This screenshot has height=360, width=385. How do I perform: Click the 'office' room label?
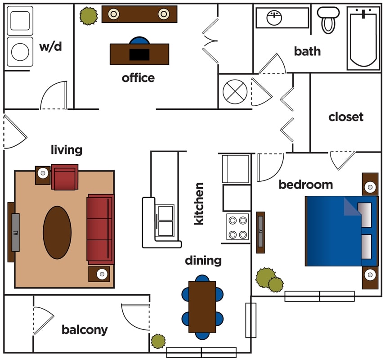[x=138, y=78]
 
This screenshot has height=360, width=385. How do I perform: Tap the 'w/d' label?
[x=50, y=46]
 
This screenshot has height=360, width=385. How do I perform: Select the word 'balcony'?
[x=85, y=330]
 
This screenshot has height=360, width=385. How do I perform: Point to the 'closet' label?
[x=346, y=117]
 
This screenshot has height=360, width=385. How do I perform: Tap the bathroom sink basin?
[x=274, y=18]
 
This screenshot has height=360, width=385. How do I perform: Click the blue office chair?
[x=139, y=41]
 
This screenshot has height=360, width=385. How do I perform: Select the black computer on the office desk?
[x=139, y=54]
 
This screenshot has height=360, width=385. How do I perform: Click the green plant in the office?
[x=88, y=16]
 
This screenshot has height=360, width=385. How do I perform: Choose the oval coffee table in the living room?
[x=57, y=232]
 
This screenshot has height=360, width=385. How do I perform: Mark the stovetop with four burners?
[x=237, y=227]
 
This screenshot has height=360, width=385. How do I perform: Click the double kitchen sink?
[x=165, y=220]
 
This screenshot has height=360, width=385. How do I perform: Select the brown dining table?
[x=202, y=306]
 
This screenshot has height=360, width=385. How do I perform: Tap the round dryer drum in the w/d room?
[x=20, y=52]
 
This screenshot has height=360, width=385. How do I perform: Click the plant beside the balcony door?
[x=158, y=341]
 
